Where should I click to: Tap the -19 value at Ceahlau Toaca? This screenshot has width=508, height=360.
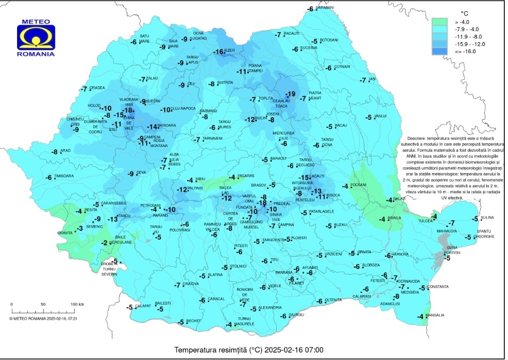290,94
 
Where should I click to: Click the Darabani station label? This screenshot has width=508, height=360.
325,7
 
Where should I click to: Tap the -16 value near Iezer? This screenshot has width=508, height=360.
219,52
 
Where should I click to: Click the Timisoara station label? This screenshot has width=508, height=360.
63,176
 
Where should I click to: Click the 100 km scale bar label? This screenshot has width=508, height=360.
77,304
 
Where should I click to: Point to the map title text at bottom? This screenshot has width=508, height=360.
249,350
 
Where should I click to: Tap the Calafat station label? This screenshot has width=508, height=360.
142,306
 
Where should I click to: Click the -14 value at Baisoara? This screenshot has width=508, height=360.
152,127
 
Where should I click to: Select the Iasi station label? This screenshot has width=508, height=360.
373,79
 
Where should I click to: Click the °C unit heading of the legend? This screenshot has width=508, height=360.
464,12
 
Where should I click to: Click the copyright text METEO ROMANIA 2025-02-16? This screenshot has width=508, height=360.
44,318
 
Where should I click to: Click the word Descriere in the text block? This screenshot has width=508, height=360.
417,138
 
